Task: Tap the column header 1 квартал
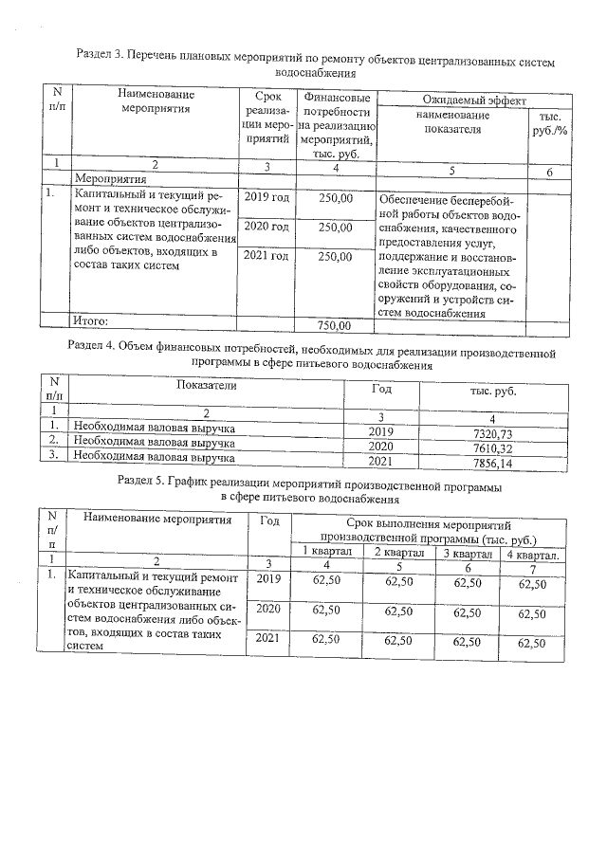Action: pos(326,553)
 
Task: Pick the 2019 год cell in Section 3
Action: pos(267,198)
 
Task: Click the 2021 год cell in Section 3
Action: pos(267,256)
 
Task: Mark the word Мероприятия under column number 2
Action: pos(110,178)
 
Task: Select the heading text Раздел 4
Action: pos(100,345)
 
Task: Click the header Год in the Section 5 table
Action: pos(269,520)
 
